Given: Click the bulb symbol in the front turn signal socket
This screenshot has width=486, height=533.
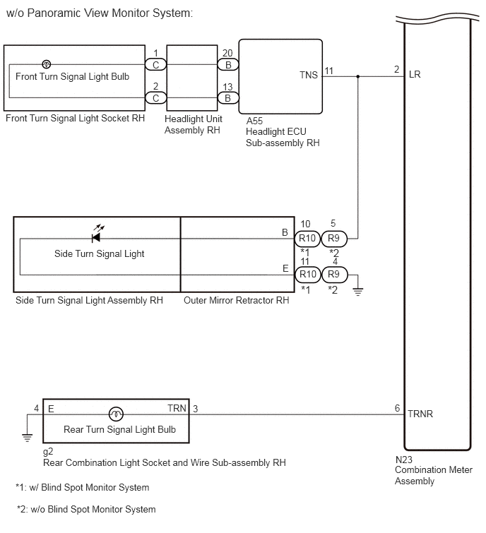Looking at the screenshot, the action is point(46,64).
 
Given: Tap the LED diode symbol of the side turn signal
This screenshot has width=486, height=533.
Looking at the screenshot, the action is point(96,238).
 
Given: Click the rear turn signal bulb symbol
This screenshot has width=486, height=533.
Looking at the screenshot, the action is point(116,414).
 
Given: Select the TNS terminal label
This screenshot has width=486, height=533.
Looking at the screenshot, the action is point(309,75).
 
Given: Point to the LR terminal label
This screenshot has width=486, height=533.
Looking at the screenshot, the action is point(415,74).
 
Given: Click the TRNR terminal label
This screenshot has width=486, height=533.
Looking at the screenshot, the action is point(420,414).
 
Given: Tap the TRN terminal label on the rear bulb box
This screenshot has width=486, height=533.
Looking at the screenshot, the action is point(177,408).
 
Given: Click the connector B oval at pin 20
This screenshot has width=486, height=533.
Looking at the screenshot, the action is point(228,64).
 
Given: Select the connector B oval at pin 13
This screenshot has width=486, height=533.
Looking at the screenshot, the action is point(228,98).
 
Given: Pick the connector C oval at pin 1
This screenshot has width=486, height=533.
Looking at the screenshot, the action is point(156,64).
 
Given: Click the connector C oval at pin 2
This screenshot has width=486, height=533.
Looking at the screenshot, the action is point(156,98).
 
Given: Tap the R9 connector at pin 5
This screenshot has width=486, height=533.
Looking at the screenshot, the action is point(334,239).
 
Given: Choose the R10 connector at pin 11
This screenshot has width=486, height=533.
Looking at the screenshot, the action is point(308,275).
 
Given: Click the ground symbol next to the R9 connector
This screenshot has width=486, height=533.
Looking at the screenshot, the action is point(357,292).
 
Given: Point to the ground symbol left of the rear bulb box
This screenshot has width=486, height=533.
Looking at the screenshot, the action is point(28,437).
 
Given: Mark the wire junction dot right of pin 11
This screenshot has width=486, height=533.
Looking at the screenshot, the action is point(357,76).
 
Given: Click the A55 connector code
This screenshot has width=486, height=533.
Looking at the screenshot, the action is point(254,121).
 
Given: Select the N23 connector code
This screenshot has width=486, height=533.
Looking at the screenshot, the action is point(403,460).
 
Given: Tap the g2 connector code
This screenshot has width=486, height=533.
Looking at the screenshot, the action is point(48,452).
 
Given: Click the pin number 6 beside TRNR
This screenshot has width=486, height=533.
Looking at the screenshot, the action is point(397,408).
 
